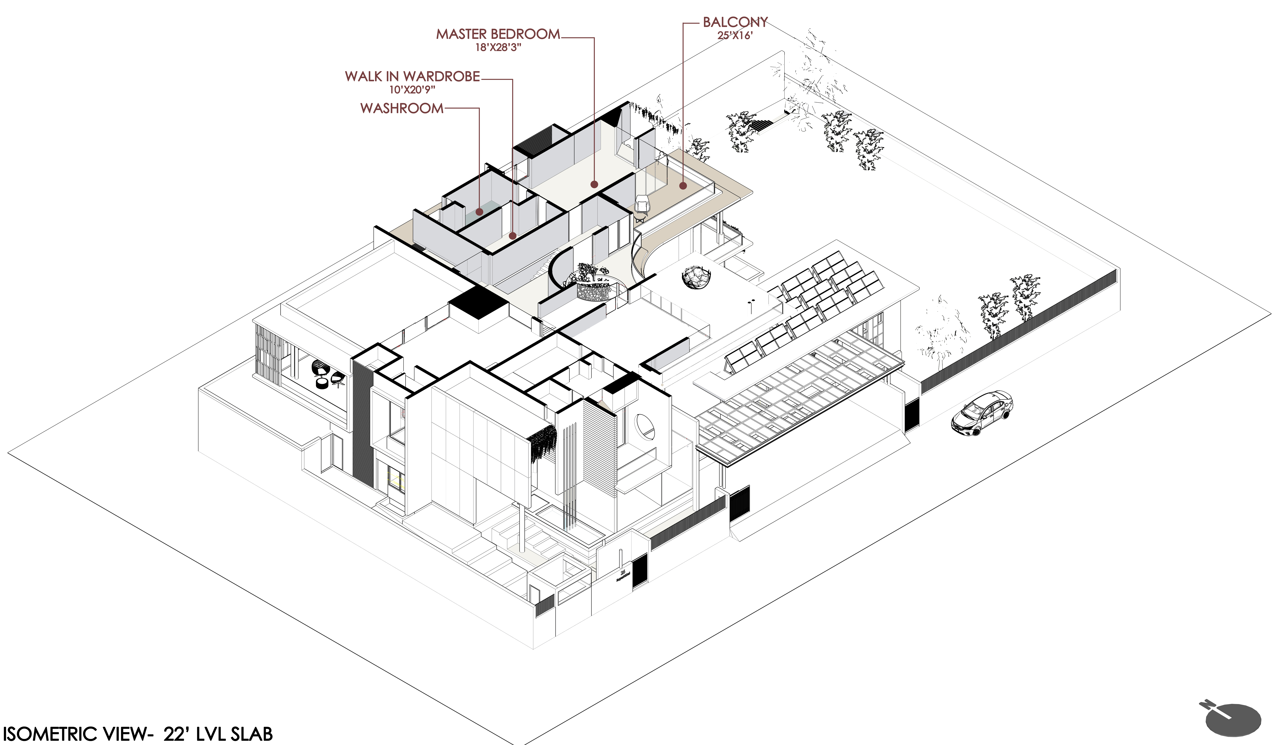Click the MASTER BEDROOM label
498,34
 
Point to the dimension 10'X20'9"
412,90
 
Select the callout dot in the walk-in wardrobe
512,235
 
